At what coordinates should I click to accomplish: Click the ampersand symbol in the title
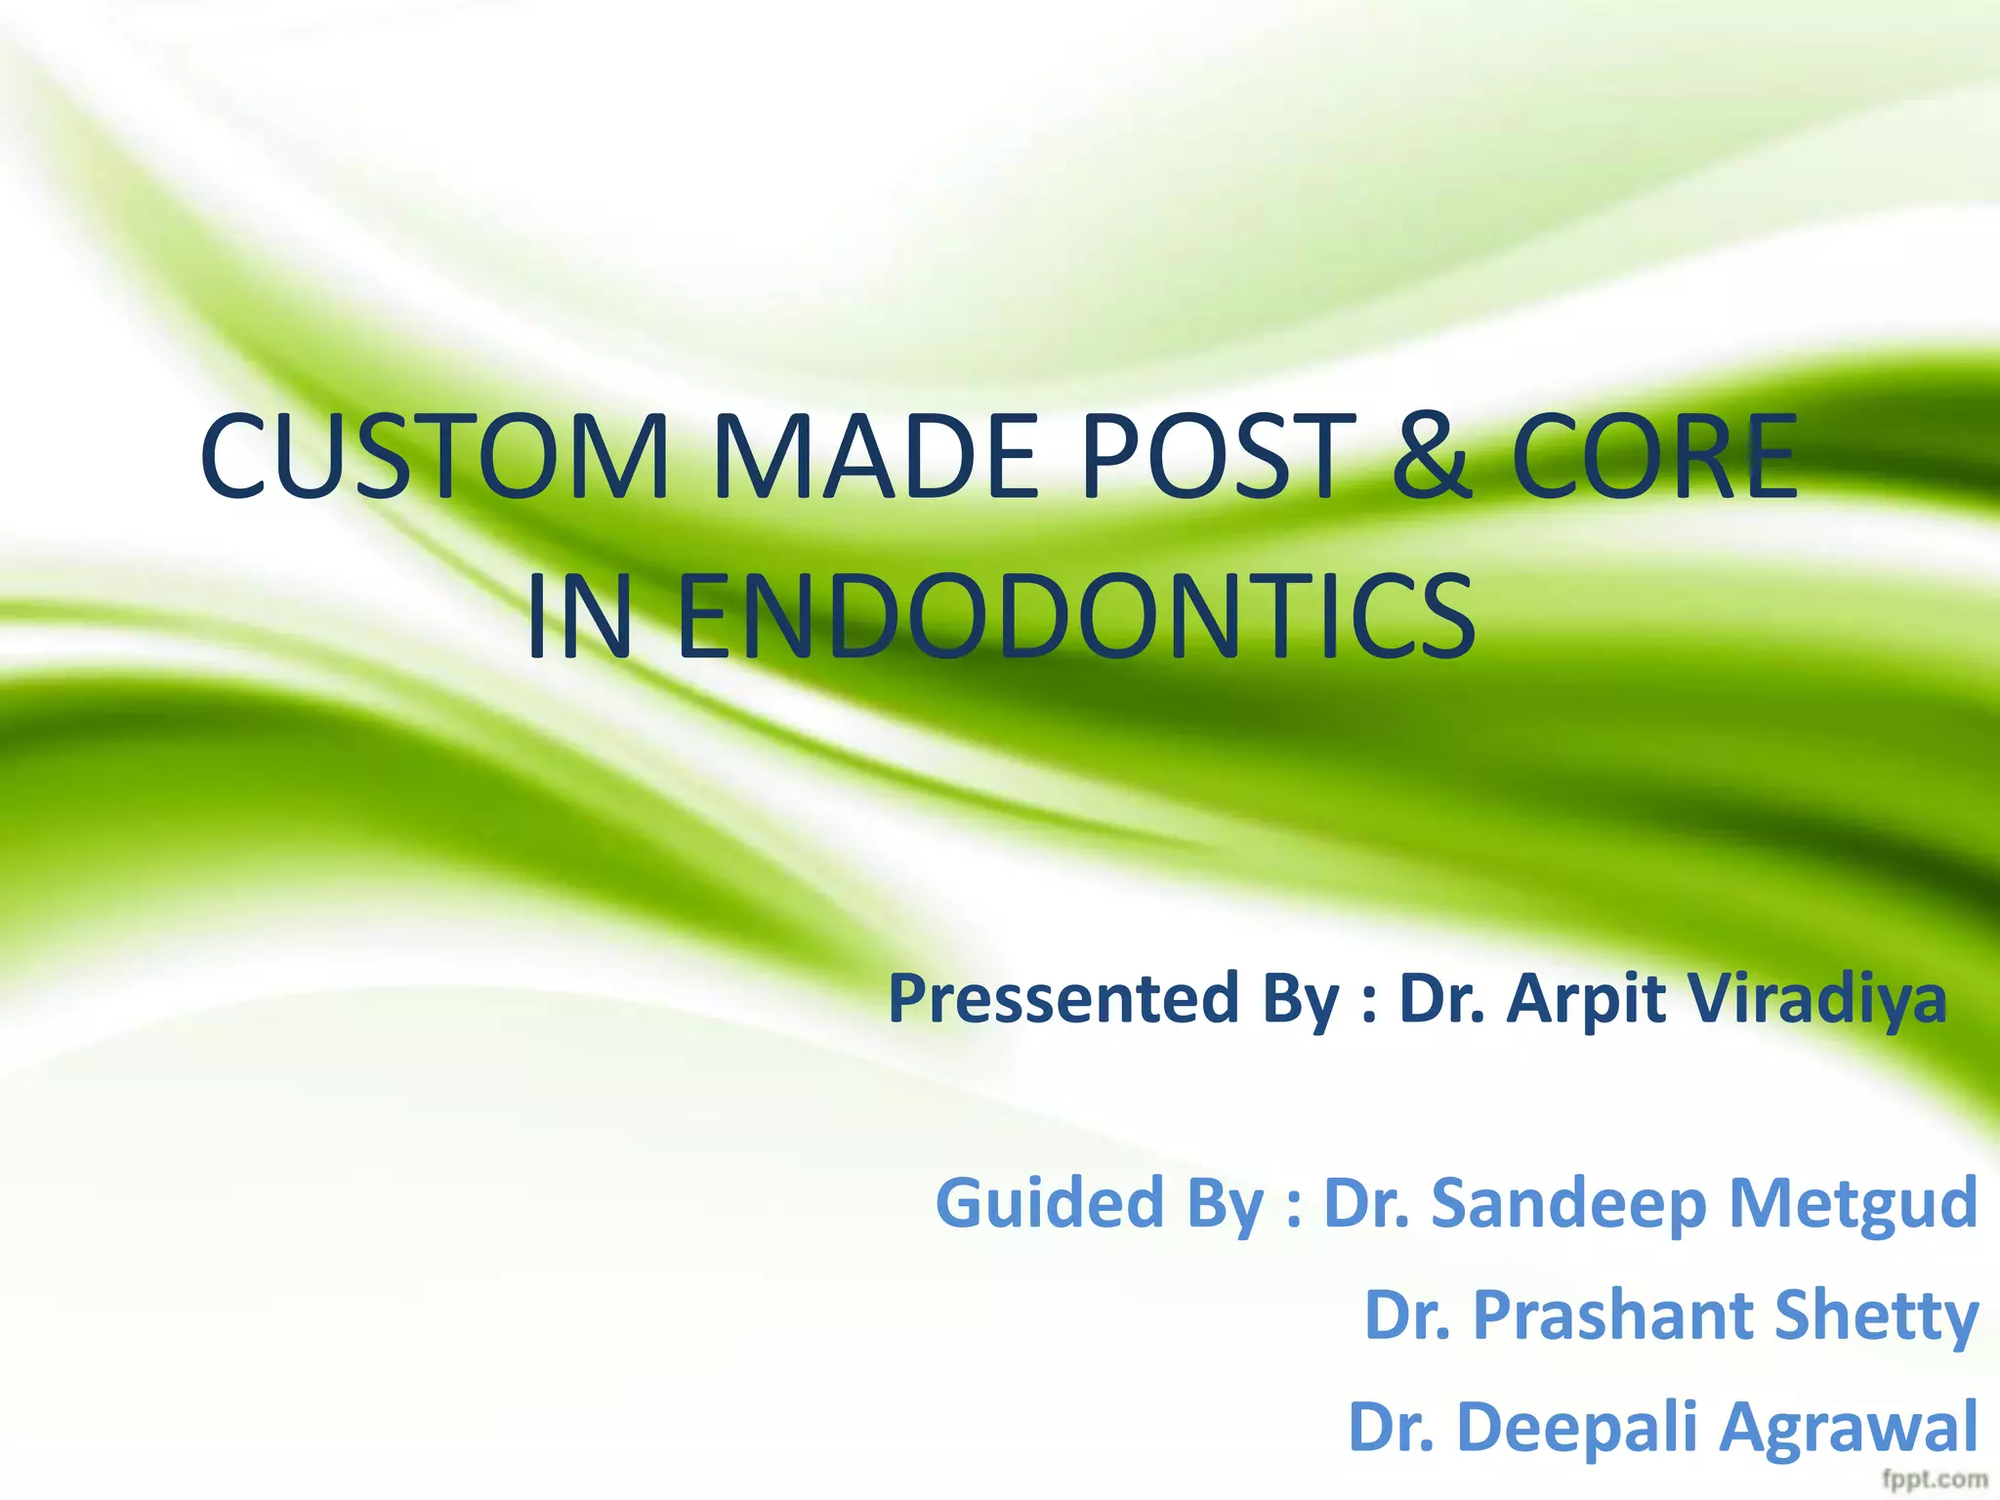click(1432, 457)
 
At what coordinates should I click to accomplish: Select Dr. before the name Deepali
click(1392, 1427)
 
